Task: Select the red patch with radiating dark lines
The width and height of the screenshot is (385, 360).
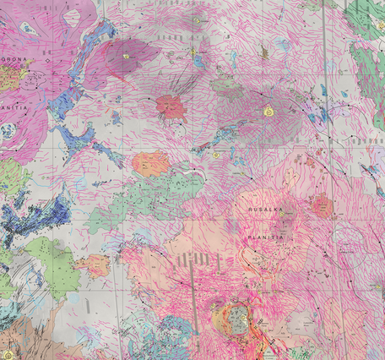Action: pyautogui.click(x=171, y=106)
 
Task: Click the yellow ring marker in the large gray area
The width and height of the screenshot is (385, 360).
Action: pyautogui.click(x=269, y=111)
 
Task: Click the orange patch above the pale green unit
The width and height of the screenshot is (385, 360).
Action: pyautogui.click(x=151, y=162)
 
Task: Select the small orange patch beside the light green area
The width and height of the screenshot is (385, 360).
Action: pyautogui.click(x=92, y=265)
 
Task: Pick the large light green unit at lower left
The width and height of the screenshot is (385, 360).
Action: pyautogui.click(x=51, y=258)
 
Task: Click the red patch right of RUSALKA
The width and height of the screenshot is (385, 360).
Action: pyautogui.click(x=322, y=205)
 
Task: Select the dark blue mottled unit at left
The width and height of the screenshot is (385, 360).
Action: pyautogui.click(x=34, y=211)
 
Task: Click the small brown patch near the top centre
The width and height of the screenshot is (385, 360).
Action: pyautogui.click(x=264, y=52)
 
